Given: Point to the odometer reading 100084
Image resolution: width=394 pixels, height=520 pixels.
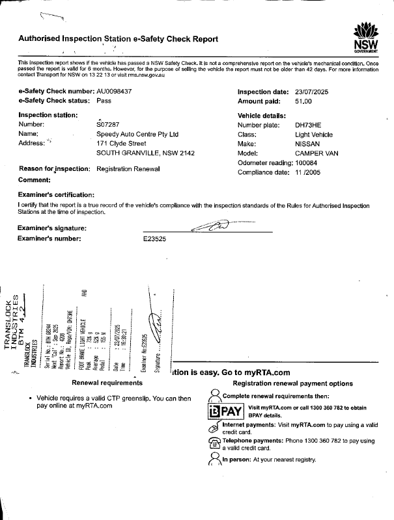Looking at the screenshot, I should [x=308, y=163].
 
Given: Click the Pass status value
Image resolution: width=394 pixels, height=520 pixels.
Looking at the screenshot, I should [x=104, y=102].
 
